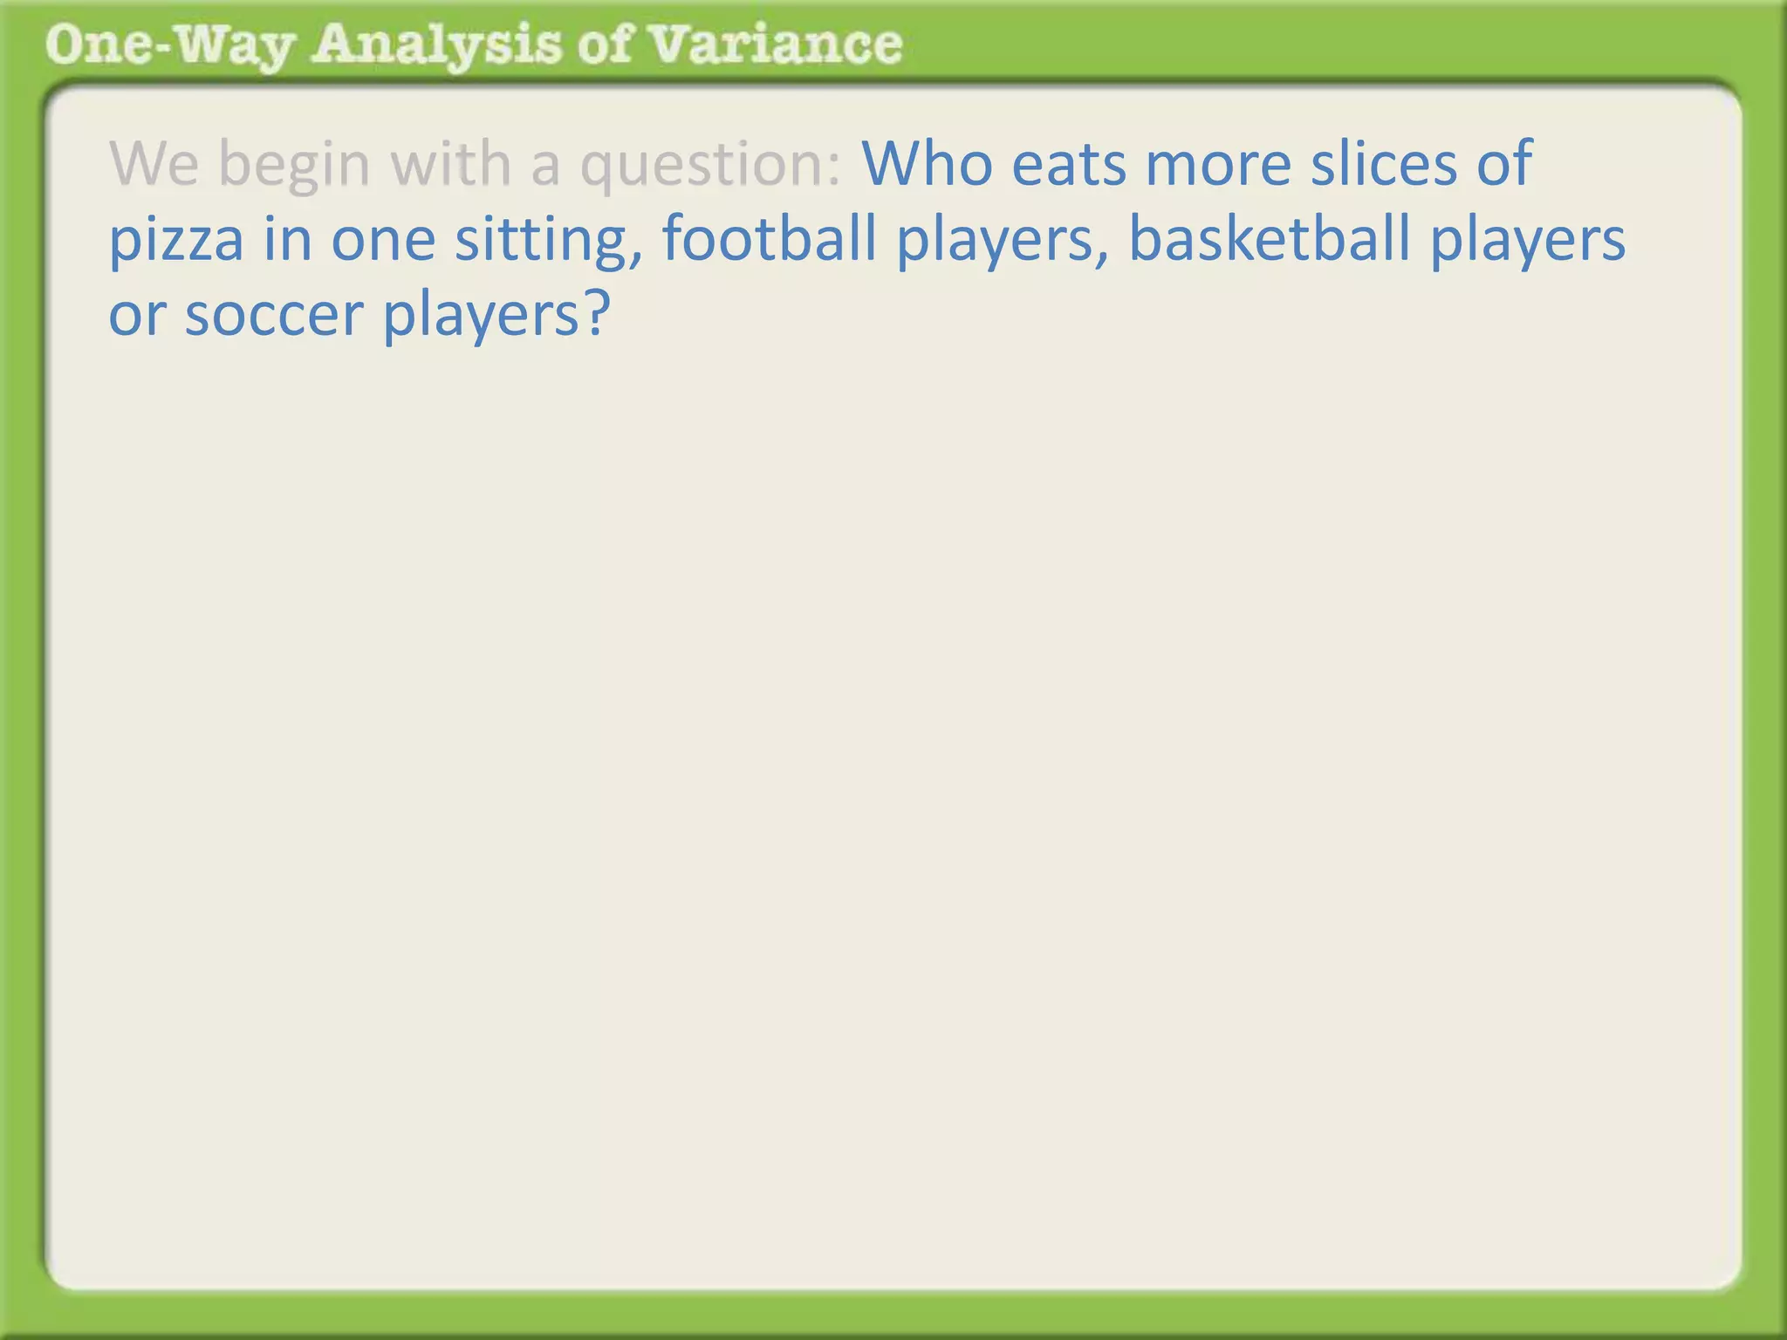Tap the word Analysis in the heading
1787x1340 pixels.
436,45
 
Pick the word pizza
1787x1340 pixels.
175,240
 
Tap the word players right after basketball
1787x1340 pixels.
1528,240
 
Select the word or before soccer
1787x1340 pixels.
136,316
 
